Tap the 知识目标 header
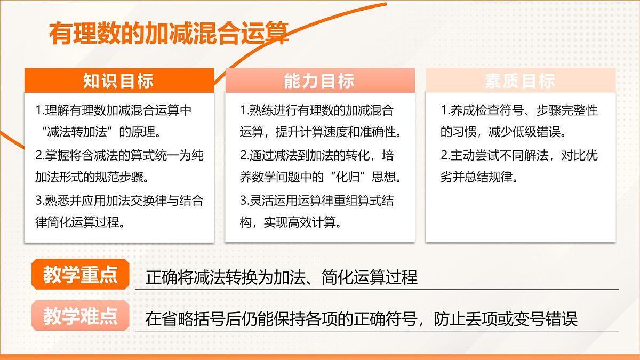coord(118,81)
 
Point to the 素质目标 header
coord(520,81)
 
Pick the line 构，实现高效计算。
coord(291,222)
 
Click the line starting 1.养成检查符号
coord(519,110)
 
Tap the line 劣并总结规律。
coord(479,177)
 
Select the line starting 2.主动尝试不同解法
coord(519,155)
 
